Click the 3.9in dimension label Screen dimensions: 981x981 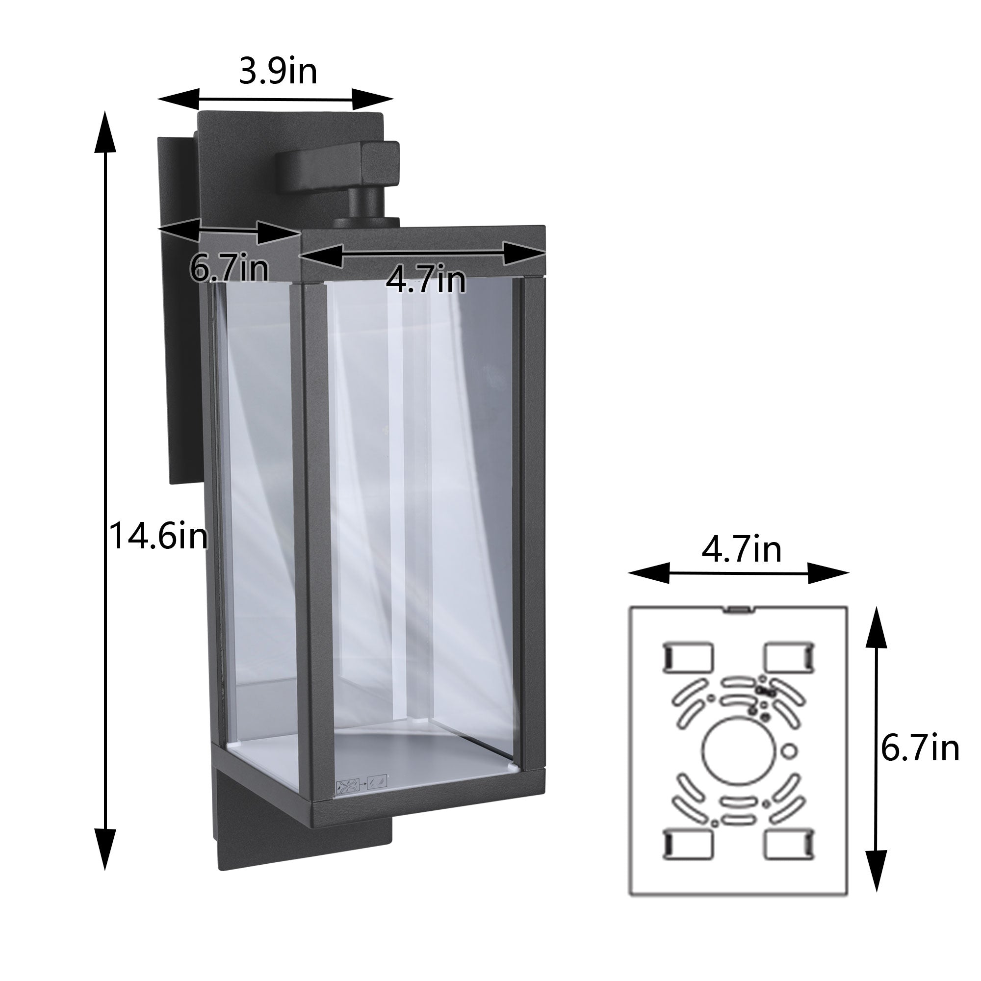[x=278, y=72]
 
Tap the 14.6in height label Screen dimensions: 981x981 [x=158, y=537]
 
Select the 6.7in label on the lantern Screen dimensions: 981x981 [x=229, y=268]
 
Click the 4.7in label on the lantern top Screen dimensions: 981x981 [x=425, y=280]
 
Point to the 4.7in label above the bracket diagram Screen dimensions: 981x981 [x=741, y=549]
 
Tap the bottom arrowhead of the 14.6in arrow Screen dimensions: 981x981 [x=106, y=853]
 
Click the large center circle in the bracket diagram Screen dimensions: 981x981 [x=739, y=751]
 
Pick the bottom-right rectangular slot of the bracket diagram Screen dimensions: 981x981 [x=789, y=845]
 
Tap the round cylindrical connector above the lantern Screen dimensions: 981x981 [x=365, y=205]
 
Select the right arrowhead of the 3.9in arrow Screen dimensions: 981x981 [x=373, y=99]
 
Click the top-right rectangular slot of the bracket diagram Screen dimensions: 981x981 [x=789, y=657]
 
